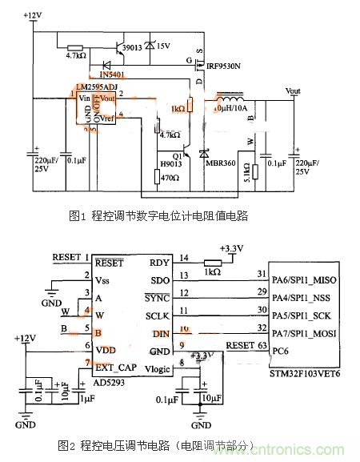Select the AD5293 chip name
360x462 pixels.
click(x=109, y=383)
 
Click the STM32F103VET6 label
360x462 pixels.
click(x=305, y=372)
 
